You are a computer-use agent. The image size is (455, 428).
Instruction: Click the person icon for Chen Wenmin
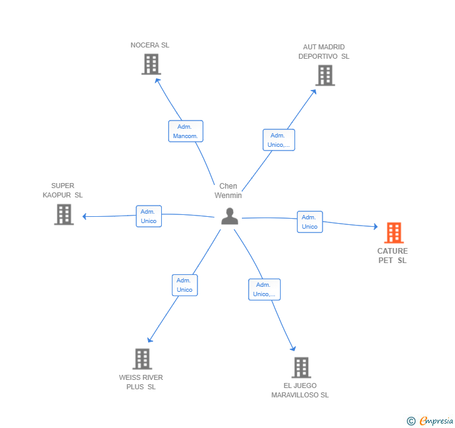(230, 216)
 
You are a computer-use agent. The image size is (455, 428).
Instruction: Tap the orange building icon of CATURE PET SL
(393, 233)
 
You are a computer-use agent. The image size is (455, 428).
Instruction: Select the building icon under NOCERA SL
(151, 64)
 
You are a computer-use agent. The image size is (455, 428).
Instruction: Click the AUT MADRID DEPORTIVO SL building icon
(325, 75)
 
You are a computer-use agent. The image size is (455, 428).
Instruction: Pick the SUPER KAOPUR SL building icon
(64, 214)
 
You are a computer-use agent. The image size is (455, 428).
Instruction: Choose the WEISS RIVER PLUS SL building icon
(142, 359)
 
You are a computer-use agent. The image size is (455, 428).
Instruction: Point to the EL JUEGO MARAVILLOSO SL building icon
(301, 367)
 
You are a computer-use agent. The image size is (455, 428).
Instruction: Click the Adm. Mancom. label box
(186, 131)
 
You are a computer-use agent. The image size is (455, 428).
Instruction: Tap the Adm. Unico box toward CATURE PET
(309, 222)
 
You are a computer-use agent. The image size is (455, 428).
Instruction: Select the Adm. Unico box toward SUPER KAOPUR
(149, 216)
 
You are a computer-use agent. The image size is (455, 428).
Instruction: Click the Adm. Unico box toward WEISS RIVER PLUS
(184, 285)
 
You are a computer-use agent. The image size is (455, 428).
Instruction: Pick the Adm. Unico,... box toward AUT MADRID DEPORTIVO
(278, 140)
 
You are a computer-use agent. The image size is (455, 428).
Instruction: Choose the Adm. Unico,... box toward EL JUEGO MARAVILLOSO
(264, 289)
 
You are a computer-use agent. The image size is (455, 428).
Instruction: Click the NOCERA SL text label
(150, 45)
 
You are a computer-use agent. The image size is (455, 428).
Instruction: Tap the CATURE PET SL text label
(392, 256)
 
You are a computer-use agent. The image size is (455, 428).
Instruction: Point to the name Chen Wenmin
(228, 191)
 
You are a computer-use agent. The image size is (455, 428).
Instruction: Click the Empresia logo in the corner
(430, 421)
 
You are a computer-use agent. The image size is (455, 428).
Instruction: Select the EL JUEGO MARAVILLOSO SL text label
(300, 391)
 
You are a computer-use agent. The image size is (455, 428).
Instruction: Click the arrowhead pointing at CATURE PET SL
(375, 227)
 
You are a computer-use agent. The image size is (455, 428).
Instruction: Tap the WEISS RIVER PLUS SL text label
(141, 382)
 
